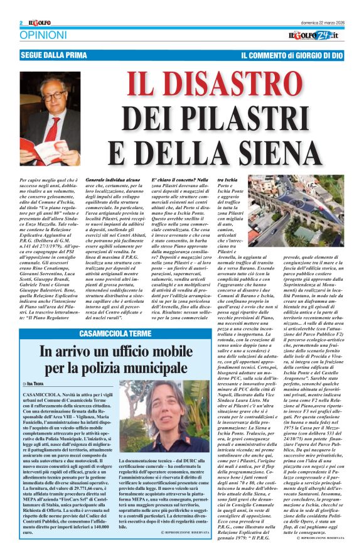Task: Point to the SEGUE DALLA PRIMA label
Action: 52,55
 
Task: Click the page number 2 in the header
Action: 21,23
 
